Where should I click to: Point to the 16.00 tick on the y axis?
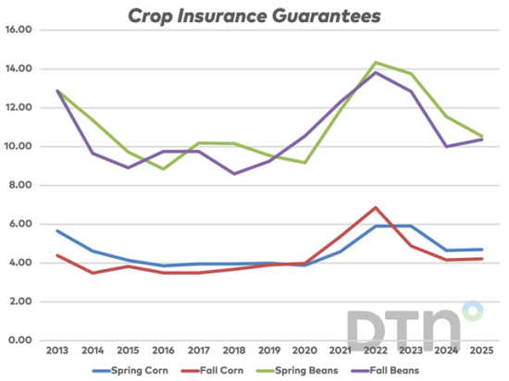coord(20,30)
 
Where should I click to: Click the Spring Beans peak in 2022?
coord(374,62)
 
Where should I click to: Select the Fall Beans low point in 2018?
coord(233,174)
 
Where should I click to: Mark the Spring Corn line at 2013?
coord(57,231)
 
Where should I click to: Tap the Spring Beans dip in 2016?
coord(163,168)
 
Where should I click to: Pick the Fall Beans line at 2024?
coord(444,146)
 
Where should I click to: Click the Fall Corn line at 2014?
coord(93,273)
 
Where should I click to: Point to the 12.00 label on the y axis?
coord(20,107)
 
